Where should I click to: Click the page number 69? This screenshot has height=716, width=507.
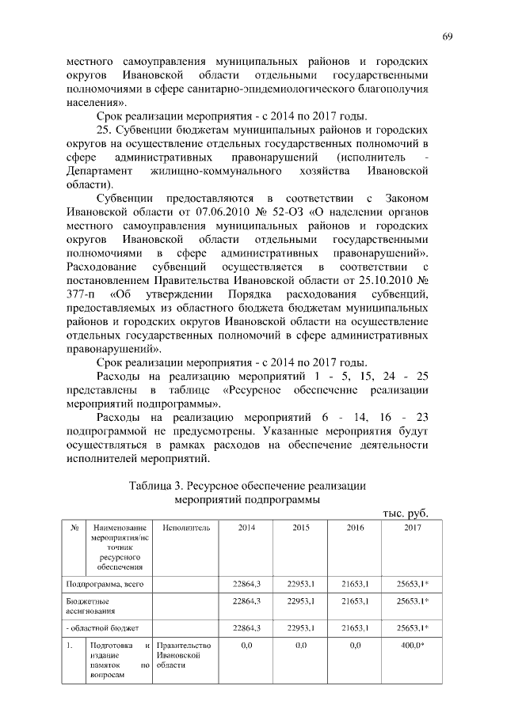coord(447,37)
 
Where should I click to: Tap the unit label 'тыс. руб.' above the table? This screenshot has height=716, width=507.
coord(406,512)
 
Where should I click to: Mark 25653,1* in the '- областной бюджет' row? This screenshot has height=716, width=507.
coord(412,627)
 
